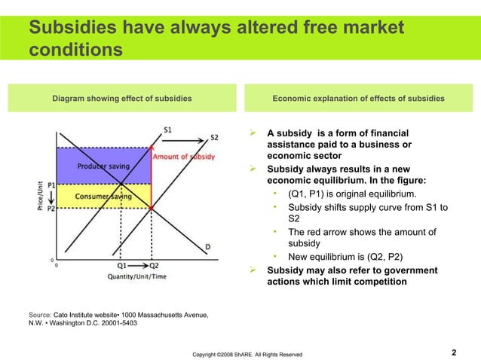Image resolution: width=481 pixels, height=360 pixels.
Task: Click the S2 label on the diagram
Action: (214, 137)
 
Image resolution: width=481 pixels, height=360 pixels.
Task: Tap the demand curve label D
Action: (208, 246)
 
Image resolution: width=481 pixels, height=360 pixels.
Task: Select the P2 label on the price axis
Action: (51, 209)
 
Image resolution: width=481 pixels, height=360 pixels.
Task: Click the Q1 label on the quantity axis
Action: (121, 266)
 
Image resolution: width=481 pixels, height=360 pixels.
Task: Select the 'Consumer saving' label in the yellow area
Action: (101, 197)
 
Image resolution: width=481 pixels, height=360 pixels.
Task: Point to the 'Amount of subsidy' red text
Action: (184, 157)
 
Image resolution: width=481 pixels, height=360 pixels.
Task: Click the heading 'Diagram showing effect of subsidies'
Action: (121, 99)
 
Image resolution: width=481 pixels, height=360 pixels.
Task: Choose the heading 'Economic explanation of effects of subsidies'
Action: (358, 99)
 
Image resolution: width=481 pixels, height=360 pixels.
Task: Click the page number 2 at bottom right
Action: (454, 352)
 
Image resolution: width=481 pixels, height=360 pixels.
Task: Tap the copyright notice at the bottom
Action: (247, 353)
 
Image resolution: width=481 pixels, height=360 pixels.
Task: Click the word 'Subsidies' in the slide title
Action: (69, 28)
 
